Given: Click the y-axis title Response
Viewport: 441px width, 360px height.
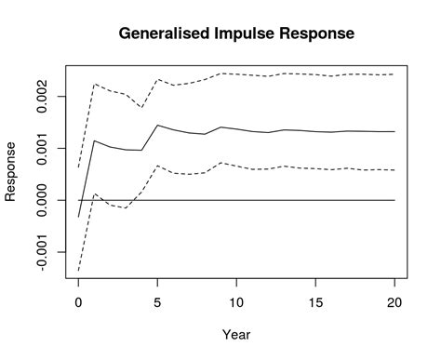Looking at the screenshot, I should click(x=11, y=171).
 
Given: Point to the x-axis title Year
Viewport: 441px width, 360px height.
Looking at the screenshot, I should click(x=236, y=334).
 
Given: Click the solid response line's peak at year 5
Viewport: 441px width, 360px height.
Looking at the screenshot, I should click(x=157, y=125).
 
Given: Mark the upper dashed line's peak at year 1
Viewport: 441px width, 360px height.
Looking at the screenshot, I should click(x=94, y=84).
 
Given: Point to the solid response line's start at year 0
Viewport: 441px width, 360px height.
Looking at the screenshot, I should click(x=78, y=217).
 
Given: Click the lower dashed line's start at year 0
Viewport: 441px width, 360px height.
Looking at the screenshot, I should click(x=78, y=270).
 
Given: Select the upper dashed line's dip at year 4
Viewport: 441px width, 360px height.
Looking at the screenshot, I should click(x=141, y=108).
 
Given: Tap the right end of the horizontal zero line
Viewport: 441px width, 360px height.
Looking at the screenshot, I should click(x=394, y=200).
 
